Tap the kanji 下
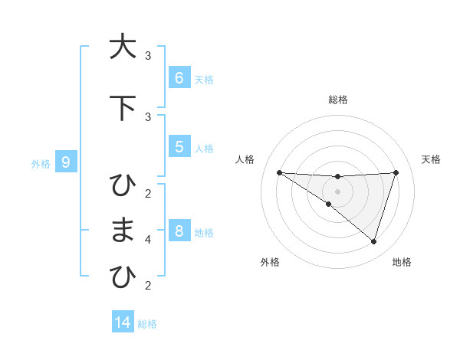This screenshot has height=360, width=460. coord(121,108)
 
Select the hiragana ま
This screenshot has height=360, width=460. coord(122,231)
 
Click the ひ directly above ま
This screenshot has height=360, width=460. coord(122,185)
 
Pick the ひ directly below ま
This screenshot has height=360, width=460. coord(122,277)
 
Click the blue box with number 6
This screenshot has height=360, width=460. coord(179,78)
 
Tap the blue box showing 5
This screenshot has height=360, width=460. coord(179,147)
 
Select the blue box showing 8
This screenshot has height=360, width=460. coord(179,231)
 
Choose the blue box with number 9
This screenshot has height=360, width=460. coord(67,162)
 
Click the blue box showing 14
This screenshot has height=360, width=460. coord(123,322)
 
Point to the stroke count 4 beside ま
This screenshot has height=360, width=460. coord(148,240)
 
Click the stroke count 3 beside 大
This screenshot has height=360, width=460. coord(148,56)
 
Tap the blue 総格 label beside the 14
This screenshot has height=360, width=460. coord(147,324)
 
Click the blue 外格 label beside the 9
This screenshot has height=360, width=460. coord(40,163)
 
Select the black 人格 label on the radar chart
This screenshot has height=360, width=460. coord(245,159)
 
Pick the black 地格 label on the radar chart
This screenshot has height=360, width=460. coord(402,262)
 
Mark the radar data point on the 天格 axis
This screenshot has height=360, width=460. coord(396,172)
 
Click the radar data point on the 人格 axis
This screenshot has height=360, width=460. coord(280,172)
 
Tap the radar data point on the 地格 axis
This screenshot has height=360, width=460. coord(373,241)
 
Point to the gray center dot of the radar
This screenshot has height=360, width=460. coord(337,191)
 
